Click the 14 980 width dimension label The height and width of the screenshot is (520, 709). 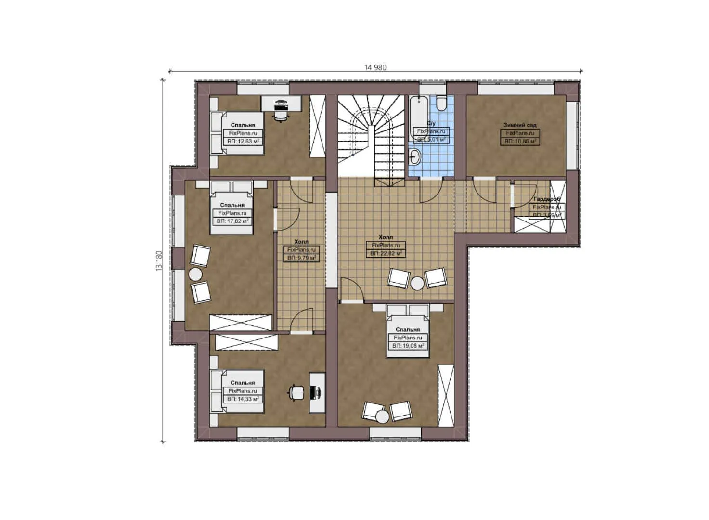[375, 67]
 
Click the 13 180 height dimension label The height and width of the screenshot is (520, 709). [159, 260]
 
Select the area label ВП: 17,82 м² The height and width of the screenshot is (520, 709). [232, 221]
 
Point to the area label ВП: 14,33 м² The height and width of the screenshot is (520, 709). [243, 399]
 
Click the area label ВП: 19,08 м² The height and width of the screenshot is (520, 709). [408, 346]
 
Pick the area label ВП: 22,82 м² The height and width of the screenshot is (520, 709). [386, 253]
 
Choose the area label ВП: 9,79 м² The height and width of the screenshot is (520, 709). [301, 258]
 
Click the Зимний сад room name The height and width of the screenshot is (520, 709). [520, 125]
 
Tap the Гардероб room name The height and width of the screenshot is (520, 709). [547, 199]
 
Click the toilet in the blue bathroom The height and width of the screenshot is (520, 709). [441, 104]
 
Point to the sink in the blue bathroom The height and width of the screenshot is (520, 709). [414, 156]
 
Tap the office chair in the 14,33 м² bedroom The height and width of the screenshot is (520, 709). [296, 393]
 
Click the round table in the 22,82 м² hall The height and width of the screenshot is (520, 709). [417, 284]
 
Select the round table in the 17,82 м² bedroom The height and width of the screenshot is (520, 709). [195, 274]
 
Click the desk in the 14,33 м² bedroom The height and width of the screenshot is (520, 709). [317, 392]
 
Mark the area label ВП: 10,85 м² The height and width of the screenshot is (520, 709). [520, 141]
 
